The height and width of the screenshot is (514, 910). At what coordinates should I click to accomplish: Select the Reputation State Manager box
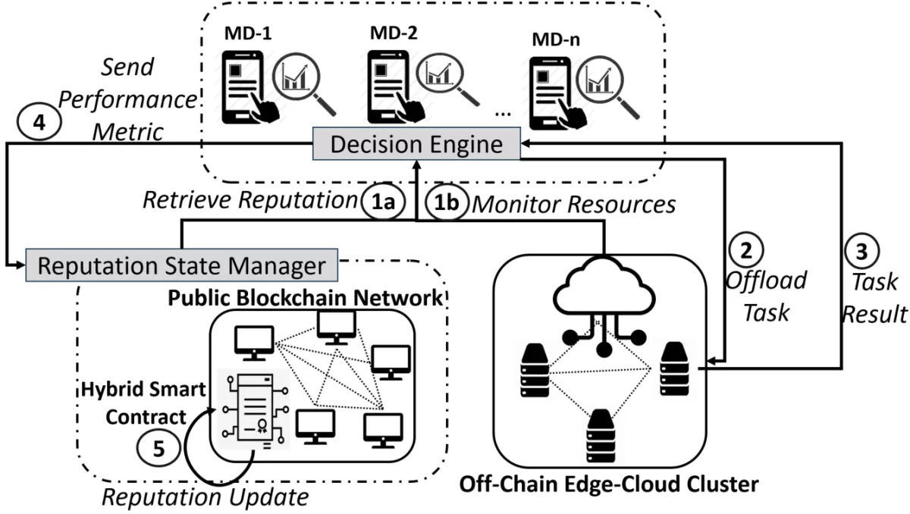point(181,266)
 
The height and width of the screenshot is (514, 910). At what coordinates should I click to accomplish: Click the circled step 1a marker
point(375,202)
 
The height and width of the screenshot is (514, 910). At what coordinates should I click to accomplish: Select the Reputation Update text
point(205,497)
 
